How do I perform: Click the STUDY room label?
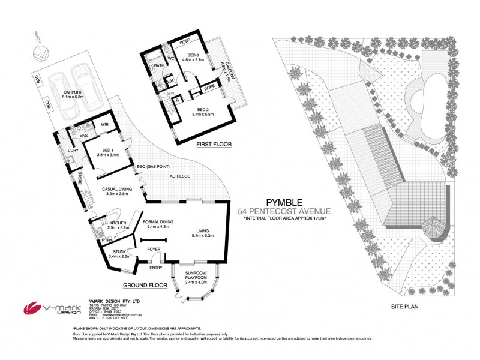click(x=117, y=253)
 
